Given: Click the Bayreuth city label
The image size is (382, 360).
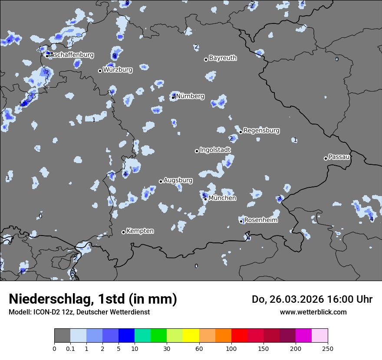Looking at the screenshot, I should coord(223,58).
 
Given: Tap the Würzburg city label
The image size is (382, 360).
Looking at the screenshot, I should coord(118,69).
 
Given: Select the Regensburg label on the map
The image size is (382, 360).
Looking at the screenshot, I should coord(261,131).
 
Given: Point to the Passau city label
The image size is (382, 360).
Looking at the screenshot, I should coord(339,157).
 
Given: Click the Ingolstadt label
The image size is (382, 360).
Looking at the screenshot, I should coord(215,150).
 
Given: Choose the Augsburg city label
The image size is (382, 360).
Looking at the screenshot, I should coord(178,180).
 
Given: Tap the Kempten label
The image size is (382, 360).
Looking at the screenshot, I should coord(140,231).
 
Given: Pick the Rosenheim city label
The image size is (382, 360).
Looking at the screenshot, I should coord(261,220).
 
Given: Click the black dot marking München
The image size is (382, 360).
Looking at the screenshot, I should coord(206,199).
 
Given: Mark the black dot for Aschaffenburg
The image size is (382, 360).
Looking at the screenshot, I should coord(47,56).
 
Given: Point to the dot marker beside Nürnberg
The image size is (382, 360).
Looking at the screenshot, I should coord(173,97).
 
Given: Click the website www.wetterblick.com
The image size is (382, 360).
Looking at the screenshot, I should coord(313,312).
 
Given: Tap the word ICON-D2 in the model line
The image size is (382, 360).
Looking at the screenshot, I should coord(45,312).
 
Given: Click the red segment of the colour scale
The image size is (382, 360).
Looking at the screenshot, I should coord(239,336).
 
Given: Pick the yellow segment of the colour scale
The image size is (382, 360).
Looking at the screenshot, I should coord(191,336).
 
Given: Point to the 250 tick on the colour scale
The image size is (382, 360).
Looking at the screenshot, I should coord(328,348).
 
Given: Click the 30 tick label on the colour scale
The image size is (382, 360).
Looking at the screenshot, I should coord(167,348).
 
